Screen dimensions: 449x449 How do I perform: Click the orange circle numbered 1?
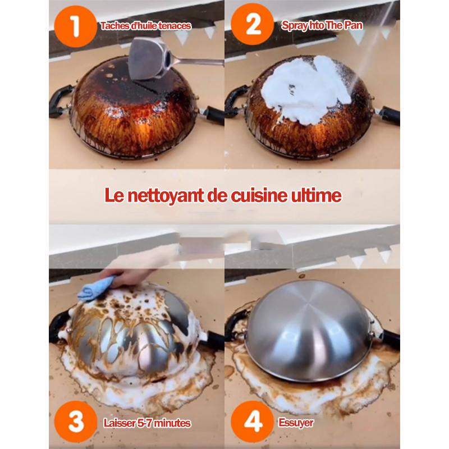75,26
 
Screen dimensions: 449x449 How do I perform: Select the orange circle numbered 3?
76,421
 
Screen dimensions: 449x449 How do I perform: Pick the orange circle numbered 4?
253,421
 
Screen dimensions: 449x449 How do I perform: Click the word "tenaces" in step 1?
175,26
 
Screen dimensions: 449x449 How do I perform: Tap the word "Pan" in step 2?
353,25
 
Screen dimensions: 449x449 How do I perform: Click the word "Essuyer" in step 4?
296,423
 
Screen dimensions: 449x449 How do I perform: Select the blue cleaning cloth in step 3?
96,288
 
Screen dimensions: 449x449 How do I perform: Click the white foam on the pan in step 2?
306,89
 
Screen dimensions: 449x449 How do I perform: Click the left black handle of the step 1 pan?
60,102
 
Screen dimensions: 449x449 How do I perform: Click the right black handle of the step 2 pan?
389,114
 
